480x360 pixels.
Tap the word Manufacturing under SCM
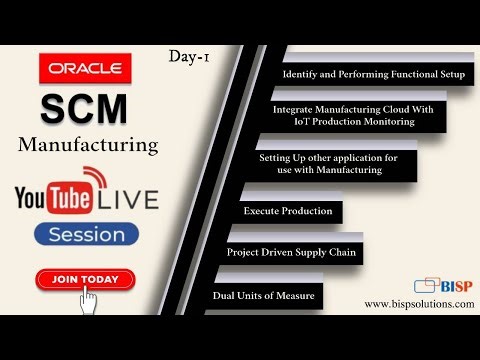(88, 145)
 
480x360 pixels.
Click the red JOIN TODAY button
(86, 279)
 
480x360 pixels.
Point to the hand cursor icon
(89, 297)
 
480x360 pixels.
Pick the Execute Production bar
(285, 212)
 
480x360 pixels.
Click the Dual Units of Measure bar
(264, 296)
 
